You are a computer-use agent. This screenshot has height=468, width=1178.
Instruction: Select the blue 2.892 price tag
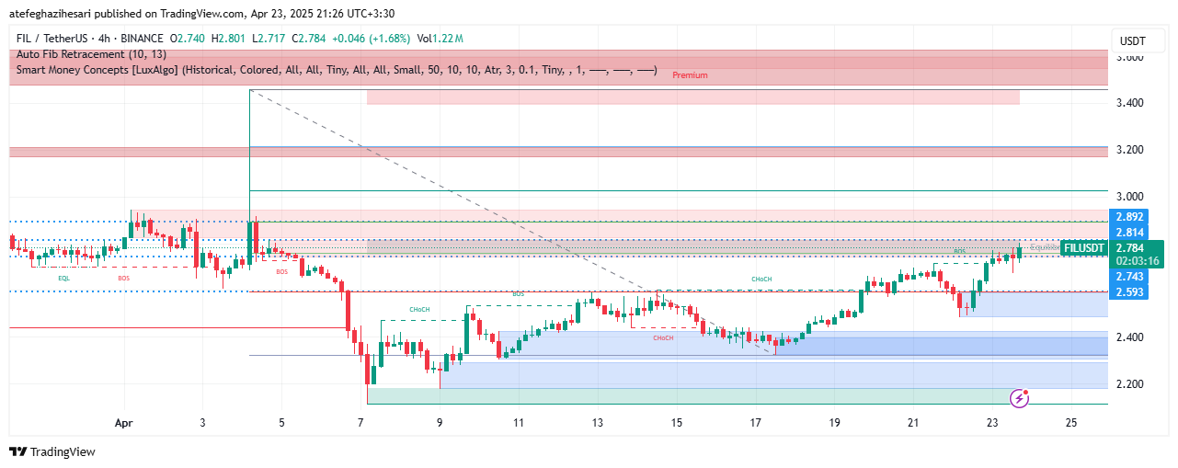point(1129,217)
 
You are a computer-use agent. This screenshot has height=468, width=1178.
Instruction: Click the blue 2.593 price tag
point(1129,292)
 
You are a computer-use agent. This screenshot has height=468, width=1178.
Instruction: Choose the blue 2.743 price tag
point(1129,277)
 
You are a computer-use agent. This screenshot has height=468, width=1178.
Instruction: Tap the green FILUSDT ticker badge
point(1083,247)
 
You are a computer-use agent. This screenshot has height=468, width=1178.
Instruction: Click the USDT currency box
point(1133,41)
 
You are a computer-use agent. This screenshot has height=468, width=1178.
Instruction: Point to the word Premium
point(690,75)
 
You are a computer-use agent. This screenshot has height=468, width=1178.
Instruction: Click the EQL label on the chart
point(63,277)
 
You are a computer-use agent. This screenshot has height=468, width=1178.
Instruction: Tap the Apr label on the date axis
point(124,423)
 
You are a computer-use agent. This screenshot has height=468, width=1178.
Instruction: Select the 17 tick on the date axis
point(756,423)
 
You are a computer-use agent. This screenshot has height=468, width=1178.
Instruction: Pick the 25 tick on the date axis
point(1071,423)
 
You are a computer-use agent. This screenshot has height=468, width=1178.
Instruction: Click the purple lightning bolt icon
point(1019,398)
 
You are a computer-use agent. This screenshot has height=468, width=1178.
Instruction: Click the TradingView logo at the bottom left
point(52,451)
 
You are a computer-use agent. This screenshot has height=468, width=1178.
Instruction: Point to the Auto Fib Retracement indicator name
point(91,54)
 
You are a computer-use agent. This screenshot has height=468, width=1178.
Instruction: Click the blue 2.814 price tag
point(1129,233)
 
